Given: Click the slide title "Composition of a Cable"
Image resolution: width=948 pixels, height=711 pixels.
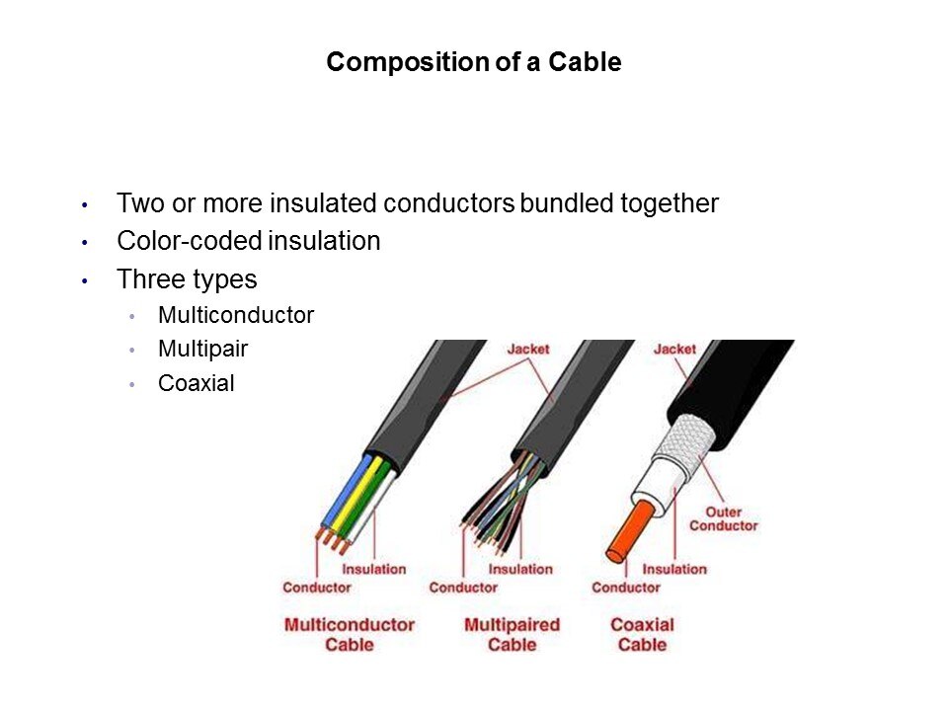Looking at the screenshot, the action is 474,61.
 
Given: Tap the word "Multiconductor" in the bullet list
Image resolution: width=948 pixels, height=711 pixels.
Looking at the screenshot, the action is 236,315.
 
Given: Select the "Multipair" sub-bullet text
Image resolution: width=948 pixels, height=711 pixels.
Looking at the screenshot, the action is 202,349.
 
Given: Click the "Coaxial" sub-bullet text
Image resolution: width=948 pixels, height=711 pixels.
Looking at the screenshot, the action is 196,383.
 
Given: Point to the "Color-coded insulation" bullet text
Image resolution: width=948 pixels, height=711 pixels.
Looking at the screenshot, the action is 249,241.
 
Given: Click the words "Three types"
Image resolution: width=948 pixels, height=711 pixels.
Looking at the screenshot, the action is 187,279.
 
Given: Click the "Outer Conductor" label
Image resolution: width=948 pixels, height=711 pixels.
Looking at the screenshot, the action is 723,518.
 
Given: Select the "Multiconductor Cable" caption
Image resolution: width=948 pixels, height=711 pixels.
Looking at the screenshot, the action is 350,634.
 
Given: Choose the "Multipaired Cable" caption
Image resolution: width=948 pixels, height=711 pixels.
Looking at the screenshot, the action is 513,634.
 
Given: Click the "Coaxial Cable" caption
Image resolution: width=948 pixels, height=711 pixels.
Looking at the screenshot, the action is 642,634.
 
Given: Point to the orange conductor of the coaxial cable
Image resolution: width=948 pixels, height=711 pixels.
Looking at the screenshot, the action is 631,531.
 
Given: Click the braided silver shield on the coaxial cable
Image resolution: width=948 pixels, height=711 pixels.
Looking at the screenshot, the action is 686,440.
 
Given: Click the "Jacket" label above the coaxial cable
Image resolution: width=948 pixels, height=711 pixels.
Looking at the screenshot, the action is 674,349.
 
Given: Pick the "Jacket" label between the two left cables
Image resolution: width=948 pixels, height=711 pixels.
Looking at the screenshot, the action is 528,349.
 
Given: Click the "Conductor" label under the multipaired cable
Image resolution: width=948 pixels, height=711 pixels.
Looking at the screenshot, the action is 463,587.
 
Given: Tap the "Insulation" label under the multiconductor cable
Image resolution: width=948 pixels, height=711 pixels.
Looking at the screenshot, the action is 373,569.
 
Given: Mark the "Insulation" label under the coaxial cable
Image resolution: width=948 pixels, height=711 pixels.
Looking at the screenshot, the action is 674,569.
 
